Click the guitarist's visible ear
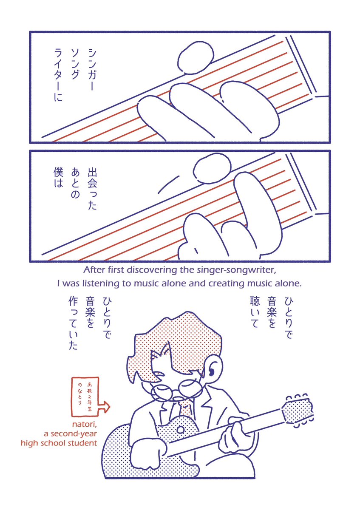pos(213,371)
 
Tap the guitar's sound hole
pos(181,430)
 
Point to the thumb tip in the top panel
pos(196,58)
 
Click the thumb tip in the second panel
pos(212,168)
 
